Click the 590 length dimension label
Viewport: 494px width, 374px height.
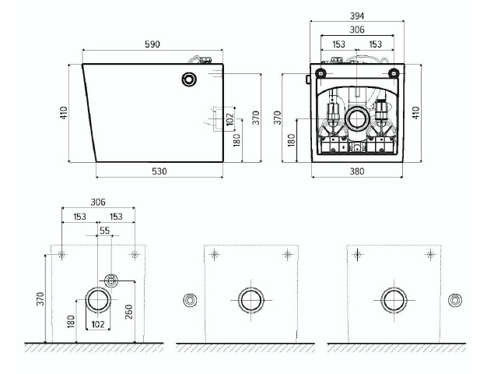click(152, 44)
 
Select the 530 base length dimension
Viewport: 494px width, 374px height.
click(159, 171)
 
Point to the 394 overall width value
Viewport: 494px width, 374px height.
click(357, 16)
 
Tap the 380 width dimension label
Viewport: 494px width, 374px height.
click(357, 171)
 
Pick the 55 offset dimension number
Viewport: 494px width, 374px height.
click(105, 231)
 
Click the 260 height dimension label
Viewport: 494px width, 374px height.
click(129, 312)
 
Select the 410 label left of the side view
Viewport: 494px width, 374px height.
click(64, 113)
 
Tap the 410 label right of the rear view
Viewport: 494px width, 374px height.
click(416, 113)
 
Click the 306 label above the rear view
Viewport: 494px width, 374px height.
click(357, 30)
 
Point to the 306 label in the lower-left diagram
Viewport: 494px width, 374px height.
click(98, 202)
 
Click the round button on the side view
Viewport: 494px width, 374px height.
click(189, 79)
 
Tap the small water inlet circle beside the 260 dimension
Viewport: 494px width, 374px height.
click(111, 280)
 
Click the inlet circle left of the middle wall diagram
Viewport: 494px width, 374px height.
click(190, 300)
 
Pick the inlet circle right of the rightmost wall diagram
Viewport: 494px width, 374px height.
click(455, 300)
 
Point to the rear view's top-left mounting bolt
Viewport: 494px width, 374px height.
click(321, 73)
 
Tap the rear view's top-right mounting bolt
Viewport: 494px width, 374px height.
click(394, 73)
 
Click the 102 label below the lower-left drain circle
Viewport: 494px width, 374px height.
click(98, 324)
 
